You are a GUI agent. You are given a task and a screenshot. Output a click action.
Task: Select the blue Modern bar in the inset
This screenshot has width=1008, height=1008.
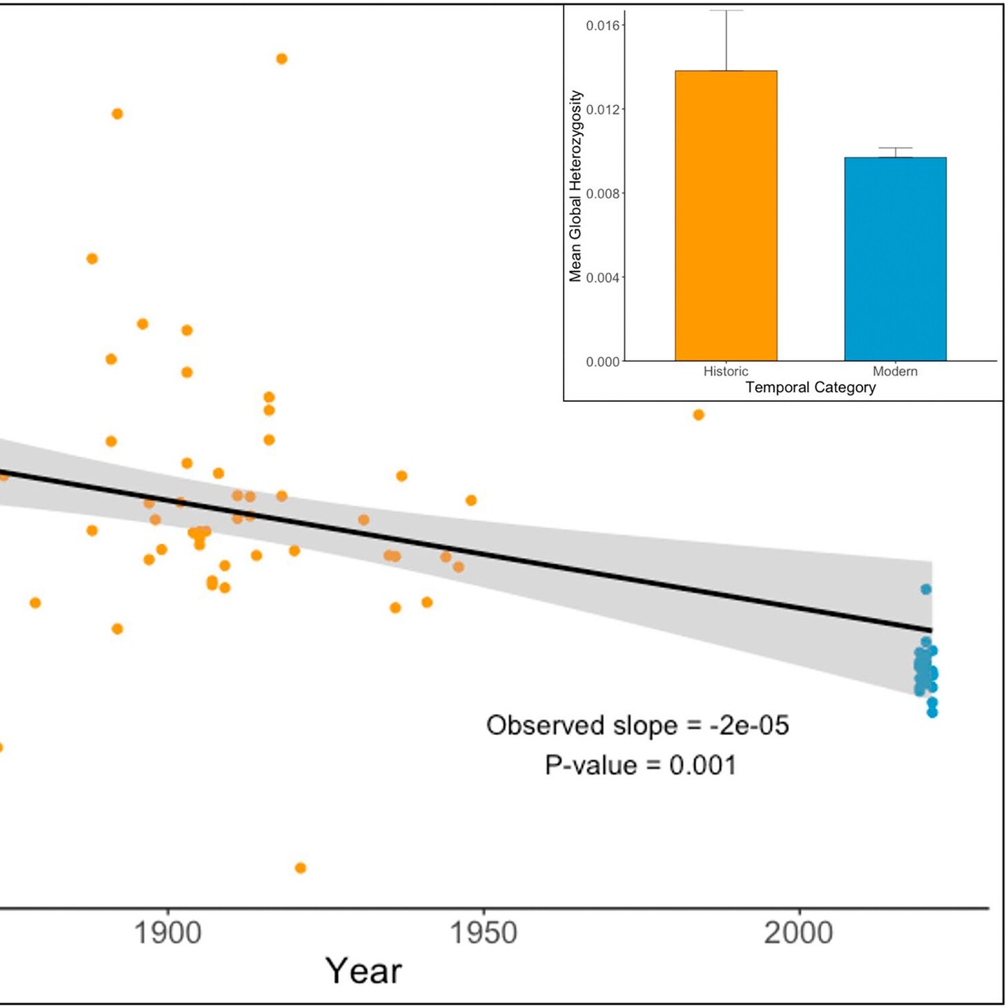(895, 259)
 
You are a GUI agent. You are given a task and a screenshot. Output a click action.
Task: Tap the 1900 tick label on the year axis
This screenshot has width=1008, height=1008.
(167, 933)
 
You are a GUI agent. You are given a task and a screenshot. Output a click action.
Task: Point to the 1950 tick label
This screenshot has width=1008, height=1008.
(483, 933)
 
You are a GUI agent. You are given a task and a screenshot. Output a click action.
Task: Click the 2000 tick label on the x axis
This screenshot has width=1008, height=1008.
(799, 933)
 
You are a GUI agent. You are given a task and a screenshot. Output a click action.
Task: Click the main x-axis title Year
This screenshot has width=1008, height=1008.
(363, 971)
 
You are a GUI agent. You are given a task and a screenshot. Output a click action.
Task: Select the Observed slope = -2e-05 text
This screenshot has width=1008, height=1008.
(638, 725)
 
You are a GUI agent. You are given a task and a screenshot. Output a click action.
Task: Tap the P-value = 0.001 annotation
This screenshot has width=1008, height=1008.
(640, 765)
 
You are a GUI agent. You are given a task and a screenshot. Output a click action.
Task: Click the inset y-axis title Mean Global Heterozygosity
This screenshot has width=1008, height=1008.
(575, 186)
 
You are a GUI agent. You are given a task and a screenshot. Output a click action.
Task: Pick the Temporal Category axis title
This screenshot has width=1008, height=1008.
(811, 388)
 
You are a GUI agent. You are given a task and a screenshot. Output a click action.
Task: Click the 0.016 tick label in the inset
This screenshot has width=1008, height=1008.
(603, 26)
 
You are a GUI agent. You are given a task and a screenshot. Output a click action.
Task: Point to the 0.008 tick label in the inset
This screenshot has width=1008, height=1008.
(603, 194)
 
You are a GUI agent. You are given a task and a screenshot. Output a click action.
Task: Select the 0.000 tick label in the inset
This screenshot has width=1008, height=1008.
(603, 362)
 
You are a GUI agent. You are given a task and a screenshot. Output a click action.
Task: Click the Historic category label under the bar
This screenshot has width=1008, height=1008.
(726, 372)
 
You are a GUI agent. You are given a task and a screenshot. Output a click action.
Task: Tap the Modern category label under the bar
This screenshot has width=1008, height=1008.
(895, 372)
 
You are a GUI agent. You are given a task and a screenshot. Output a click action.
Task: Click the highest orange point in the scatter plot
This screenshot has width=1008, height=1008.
(281, 59)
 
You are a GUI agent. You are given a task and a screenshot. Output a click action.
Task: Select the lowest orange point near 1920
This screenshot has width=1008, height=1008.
(300, 868)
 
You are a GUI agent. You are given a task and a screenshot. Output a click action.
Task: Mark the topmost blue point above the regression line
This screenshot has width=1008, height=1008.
(926, 589)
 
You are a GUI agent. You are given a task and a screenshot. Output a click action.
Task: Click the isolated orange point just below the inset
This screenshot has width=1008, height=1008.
(698, 415)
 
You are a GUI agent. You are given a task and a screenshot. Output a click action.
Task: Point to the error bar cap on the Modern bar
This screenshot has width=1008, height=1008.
(895, 148)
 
